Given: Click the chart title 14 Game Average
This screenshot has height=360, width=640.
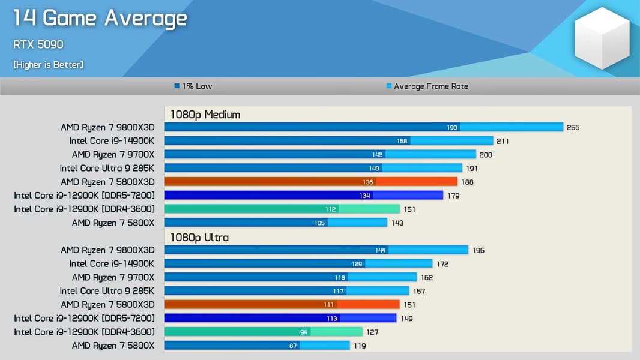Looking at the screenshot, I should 100,19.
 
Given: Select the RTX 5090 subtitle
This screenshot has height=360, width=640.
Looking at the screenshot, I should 38,44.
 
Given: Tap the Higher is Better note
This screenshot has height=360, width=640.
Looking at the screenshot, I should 48,64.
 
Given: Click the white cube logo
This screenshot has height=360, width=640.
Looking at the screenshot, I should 602,38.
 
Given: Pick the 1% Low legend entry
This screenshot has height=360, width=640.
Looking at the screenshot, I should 193,86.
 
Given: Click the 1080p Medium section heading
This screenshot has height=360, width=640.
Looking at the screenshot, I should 205,115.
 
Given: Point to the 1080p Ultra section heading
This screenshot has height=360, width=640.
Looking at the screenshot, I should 199,238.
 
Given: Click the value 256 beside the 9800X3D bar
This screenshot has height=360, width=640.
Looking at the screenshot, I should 573,128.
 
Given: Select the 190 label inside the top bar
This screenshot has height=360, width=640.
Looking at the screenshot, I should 452,128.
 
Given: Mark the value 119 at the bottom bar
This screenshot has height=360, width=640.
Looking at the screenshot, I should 359,346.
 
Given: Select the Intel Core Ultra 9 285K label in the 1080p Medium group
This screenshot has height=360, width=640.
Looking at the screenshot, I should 107,169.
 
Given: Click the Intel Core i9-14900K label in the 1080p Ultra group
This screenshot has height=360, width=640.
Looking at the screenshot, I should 112,264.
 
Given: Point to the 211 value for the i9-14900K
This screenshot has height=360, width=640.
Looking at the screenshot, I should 503,142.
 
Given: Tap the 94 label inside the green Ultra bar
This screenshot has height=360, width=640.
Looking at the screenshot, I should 304,332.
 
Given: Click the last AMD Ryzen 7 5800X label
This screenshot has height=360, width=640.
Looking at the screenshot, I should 113,346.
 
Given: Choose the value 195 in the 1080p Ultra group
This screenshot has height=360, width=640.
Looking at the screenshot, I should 478,250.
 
